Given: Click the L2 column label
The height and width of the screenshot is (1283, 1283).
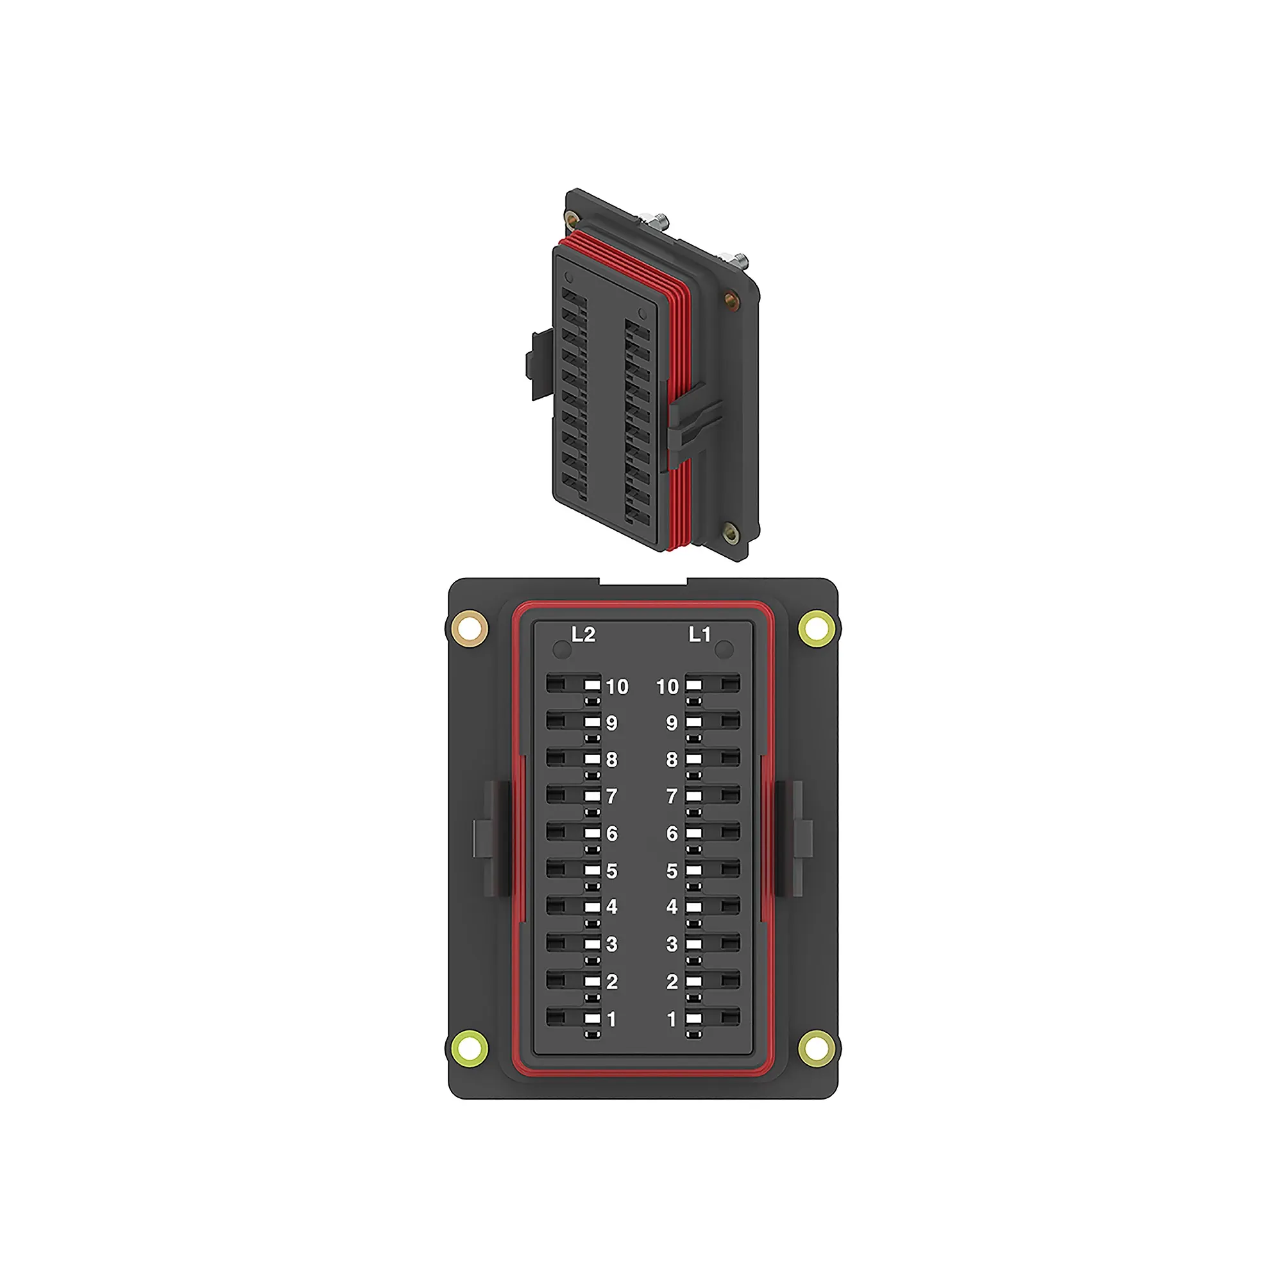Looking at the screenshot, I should pos(583,635).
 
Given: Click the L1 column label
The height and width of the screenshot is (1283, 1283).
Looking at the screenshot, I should pos(699,635).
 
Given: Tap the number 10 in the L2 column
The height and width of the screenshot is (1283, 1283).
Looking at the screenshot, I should pos(617,686).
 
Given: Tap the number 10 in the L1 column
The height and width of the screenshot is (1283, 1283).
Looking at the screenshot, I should pos(667,686).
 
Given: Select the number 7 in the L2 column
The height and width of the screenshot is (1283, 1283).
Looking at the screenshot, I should pos(611,795).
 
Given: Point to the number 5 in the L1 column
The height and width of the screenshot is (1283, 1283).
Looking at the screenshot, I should pos(672,871).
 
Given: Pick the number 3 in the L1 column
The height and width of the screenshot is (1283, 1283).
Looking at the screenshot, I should pos(672,944).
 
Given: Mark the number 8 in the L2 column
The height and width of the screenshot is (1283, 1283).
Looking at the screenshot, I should pos(611,759).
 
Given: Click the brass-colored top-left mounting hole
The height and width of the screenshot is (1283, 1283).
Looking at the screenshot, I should pos(470,628).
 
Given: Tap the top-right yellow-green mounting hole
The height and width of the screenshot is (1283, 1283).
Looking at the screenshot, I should pos(816,627).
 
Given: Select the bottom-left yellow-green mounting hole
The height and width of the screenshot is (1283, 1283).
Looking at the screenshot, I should pos(469,1049).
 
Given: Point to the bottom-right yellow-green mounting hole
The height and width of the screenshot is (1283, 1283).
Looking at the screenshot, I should pos(816,1049).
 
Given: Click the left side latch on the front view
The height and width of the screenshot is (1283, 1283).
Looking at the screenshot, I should pos(488,838).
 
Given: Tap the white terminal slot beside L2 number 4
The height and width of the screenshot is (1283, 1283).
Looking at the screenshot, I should pos(591,907).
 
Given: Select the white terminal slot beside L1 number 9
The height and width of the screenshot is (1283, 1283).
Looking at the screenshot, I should pos(694,722).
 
